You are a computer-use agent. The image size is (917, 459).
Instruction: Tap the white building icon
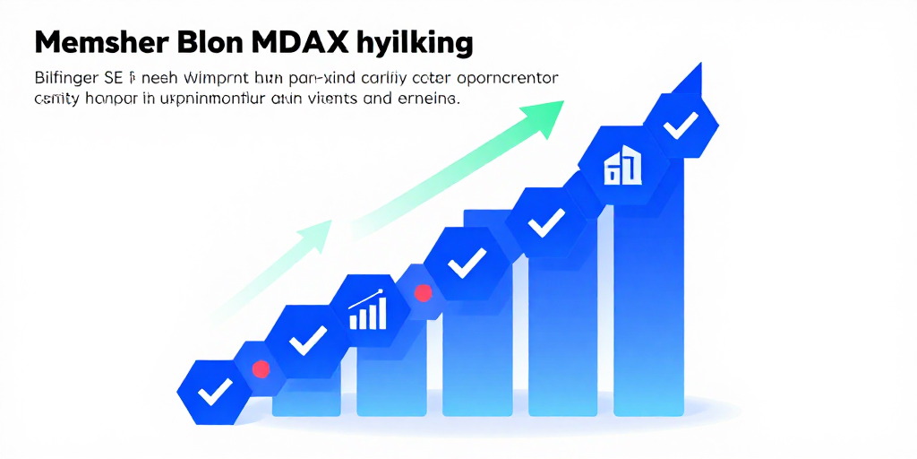click(623, 165)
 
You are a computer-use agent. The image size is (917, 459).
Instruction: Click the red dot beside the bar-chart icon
click(423, 293)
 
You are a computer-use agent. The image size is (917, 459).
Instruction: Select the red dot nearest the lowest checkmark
click(261, 368)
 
